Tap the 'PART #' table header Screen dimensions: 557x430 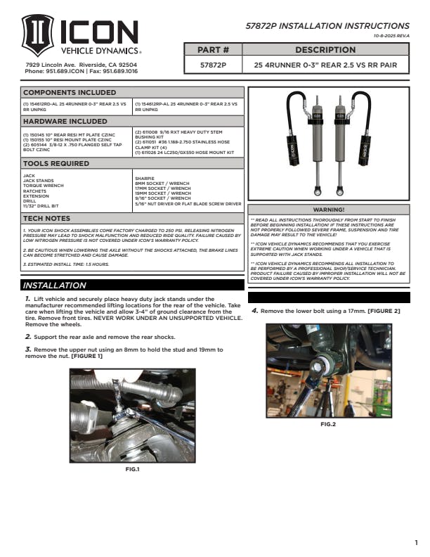[x=214, y=51]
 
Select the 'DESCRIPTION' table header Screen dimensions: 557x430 [x=325, y=51]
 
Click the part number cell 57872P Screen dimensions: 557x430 [x=214, y=65]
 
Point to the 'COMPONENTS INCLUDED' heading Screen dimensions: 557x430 [x=70, y=92]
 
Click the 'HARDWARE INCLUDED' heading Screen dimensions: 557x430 [x=65, y=121]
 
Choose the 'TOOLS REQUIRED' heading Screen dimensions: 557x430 [x=57, y=164]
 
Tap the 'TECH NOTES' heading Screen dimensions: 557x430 [x=46, y=219]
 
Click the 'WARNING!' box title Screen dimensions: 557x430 [x=328, y=210]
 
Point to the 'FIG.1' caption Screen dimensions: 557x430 [x=132, y=469]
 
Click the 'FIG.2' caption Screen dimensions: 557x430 [x=328, y=424]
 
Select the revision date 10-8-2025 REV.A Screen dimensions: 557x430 [x=391, y=36]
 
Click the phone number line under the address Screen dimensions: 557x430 [x=81, y=71]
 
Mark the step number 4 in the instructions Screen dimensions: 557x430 [x=254, y=310]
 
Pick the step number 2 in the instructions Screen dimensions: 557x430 [x=27, y=337]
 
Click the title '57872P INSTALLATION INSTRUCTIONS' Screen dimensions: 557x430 [x=327, y=26]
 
